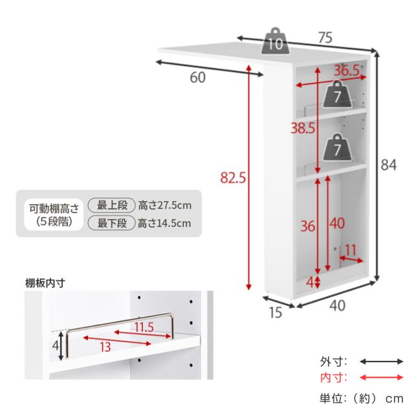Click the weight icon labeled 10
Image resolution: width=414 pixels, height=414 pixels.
point(276,41)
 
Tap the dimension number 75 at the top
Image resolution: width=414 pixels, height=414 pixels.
point(325,38)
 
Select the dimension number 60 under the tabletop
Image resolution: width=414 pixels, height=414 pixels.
point(198,78)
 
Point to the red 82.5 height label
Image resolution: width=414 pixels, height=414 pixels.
point(233,177)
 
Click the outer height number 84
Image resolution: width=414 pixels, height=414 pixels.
point(388,165)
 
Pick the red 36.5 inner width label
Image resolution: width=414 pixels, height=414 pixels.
point(347,71)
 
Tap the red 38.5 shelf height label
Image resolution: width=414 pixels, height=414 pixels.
point(303,128)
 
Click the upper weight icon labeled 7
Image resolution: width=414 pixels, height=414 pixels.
point(338,94)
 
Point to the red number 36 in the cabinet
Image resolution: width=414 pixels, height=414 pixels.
point(308,226)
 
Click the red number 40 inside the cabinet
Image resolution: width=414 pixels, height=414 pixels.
point(337,224)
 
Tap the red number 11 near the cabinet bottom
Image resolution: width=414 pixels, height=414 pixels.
point(351,250)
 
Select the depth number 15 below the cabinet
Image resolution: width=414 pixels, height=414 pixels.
point(276,312)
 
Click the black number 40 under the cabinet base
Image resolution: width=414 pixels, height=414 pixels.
point(338,306)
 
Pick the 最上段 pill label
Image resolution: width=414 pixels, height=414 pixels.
point(112,206)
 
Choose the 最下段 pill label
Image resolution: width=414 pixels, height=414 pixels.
point(112,223)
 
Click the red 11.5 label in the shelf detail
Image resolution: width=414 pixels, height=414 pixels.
point(144,327)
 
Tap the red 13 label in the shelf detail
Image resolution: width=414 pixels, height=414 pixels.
point(105,347)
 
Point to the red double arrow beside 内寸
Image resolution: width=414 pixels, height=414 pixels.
point(382,377)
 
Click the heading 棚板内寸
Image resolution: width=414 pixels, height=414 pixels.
point(45,283)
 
